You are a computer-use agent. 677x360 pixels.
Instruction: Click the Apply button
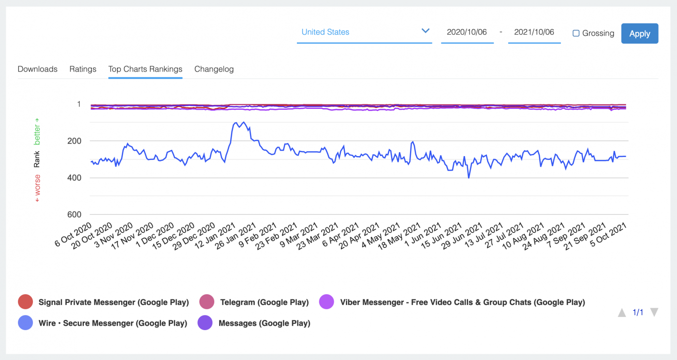click(x=639, y=33)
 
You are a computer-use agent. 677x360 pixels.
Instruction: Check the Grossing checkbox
click(x=576, y=33)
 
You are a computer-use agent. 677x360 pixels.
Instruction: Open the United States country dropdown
click(x=364, y=32)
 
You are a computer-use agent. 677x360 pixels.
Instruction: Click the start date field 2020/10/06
click(x=467, y=32)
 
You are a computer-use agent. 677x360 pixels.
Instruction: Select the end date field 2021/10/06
click(x=534, y=32)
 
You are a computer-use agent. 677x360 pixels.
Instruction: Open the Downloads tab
click(x=37, y=69)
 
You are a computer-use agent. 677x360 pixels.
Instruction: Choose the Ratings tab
click(x=83, y=69)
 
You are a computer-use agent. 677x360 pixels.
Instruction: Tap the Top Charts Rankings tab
click(x=145, y=69)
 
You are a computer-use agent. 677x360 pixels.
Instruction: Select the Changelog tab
click(x=214, y=69)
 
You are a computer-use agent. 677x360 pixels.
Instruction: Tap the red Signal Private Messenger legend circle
click(x=25, y=302)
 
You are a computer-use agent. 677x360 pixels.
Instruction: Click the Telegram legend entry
click(x=264, y=302)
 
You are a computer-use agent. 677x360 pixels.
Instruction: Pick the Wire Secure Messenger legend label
click(x=112, y=323)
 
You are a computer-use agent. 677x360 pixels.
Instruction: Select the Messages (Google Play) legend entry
click(x=264, y=323)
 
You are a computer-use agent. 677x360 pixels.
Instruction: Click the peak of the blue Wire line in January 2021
click(x=243, y=122)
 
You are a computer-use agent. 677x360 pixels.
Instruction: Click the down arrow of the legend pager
click(x=654, y=313)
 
